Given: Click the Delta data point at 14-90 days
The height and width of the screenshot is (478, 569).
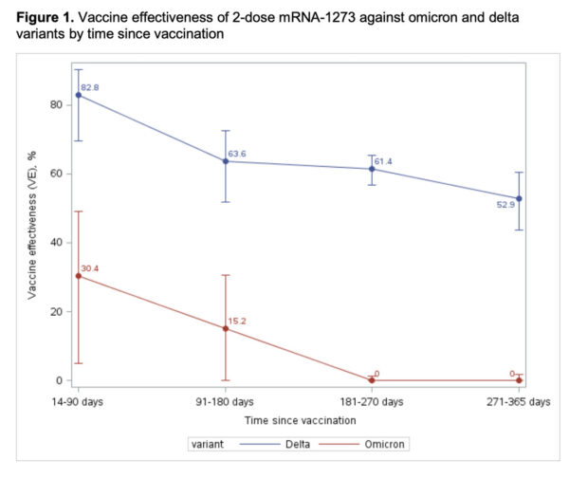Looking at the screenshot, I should [x=79, y=95].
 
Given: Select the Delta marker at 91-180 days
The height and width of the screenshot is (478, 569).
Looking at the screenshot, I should [x=226, y=161].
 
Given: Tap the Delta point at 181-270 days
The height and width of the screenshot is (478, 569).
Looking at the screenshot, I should [x=372, y=169].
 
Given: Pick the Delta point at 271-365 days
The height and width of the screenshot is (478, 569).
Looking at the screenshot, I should [x=519, y=198].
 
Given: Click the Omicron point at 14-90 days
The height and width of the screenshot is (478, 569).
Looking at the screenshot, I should [x=79, y=276].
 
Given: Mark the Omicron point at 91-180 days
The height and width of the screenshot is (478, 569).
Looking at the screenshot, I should [x=226, y=328].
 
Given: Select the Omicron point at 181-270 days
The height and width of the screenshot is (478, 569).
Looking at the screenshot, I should [x=372, y=380].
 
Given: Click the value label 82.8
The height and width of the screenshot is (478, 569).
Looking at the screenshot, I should [x=91, y=87].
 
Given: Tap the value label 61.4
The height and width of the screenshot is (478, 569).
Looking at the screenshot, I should [x=383, y=161].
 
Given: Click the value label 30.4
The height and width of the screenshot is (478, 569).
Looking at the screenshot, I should [x=91, y=268].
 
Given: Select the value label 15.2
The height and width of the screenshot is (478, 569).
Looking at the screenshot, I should [x=237, y=321].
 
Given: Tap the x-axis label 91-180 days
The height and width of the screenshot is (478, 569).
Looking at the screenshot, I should [x=226, y=402].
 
